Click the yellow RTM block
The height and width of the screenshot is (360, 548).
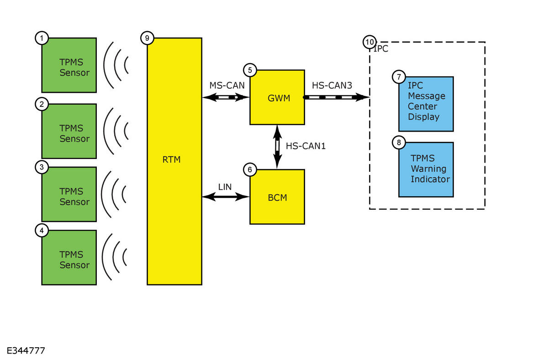(174, 161)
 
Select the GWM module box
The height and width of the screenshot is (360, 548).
(277, 97)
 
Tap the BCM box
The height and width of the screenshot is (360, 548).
(277, 197)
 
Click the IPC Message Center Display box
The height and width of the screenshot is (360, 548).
(426, 104)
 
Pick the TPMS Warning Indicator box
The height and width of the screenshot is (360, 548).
(426, 169)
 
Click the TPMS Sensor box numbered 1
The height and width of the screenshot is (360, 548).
(69, 65)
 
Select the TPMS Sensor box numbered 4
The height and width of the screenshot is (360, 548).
(69, 258)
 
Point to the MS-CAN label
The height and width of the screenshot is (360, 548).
(227, 85)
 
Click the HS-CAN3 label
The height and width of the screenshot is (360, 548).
(332, 85)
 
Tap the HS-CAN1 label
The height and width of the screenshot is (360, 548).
(306, 146)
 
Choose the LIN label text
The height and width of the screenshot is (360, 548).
(225, 187)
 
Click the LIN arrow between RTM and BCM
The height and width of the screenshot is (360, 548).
(226, 196)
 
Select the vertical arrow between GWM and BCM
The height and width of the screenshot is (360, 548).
(277, 147)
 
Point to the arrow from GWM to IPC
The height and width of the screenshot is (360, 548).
(337, 97)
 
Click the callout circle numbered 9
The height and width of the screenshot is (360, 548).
(147, 38)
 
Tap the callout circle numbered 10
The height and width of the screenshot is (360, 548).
(369, 42)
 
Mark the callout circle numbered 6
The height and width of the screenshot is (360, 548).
(250, 169)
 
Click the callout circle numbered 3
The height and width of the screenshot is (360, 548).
(42, 167)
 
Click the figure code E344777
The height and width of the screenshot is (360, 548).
(26, 351)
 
